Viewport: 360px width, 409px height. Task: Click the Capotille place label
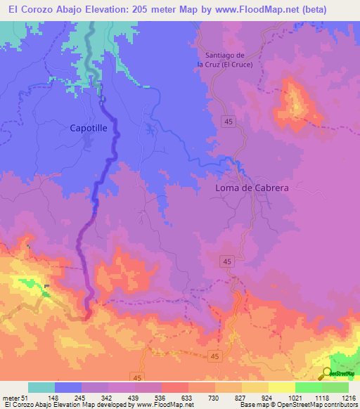click(90, 128)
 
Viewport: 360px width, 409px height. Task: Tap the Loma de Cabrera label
click(252, 188)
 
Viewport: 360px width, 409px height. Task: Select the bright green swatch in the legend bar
click(308, 387)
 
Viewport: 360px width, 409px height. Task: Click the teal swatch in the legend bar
click(41, 387)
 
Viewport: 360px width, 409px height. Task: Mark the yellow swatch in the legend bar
click(281, 387)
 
